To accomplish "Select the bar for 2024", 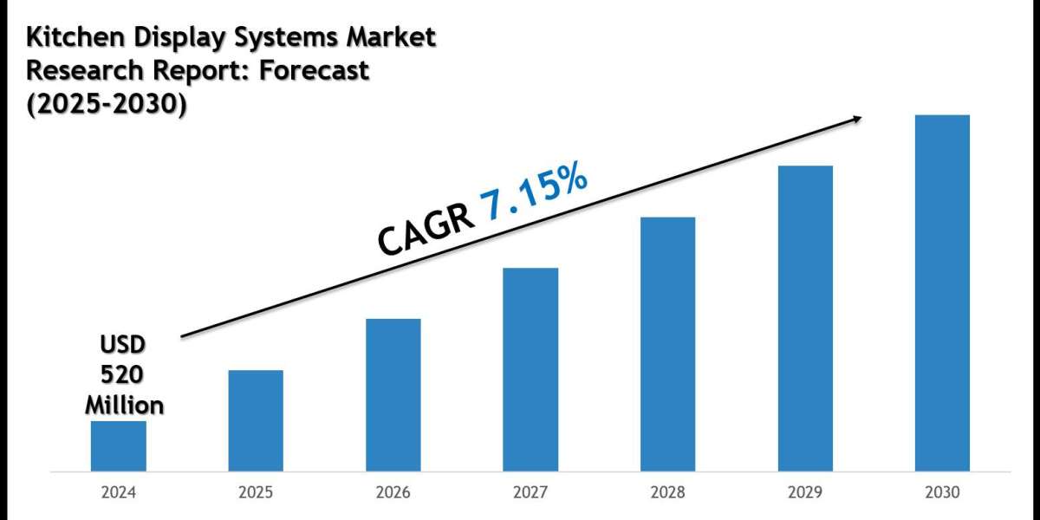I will point(119,446).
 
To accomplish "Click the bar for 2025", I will point(256,421).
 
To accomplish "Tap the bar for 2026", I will point(393,395).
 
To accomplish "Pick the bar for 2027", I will point(530,370).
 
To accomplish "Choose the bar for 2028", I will point(667,344).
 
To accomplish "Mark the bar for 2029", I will point(805,319).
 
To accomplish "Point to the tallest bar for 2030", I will point(942,293).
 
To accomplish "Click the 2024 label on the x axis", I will point(119,492).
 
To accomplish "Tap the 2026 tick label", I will point(393,492).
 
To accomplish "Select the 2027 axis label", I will point(530,492).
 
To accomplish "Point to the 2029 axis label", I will point(805,492).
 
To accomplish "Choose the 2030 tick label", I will point(942,492).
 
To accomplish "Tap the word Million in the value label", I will point(123,404).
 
